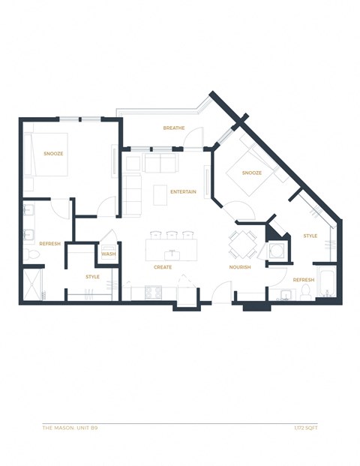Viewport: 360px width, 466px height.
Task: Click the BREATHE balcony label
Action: [x=173, y=128]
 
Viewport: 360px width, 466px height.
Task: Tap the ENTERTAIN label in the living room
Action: [x=183, y=192]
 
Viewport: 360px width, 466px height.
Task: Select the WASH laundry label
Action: [x=108, y=254]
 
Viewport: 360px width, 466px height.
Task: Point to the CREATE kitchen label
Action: [x=163, y=267]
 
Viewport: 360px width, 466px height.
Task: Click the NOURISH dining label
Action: [x=240, y=267]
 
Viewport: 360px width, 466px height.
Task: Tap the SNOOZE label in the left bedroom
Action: [x=52, y=154]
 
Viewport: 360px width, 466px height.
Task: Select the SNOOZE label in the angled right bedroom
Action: [x=252, y=173]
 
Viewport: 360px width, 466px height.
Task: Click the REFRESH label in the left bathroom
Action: [x=50, y=243]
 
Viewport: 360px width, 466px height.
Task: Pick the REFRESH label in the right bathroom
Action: [x=304, y=280]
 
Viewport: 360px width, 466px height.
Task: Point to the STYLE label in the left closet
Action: [x=92, y=277]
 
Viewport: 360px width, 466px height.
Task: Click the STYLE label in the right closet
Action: [x=310, y=236]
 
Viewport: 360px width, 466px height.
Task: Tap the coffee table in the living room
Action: [x=160, y=195]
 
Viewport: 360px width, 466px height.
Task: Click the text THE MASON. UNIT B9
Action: [x=70, y=428]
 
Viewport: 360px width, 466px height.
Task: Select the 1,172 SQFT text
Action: [x=304, y=428]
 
